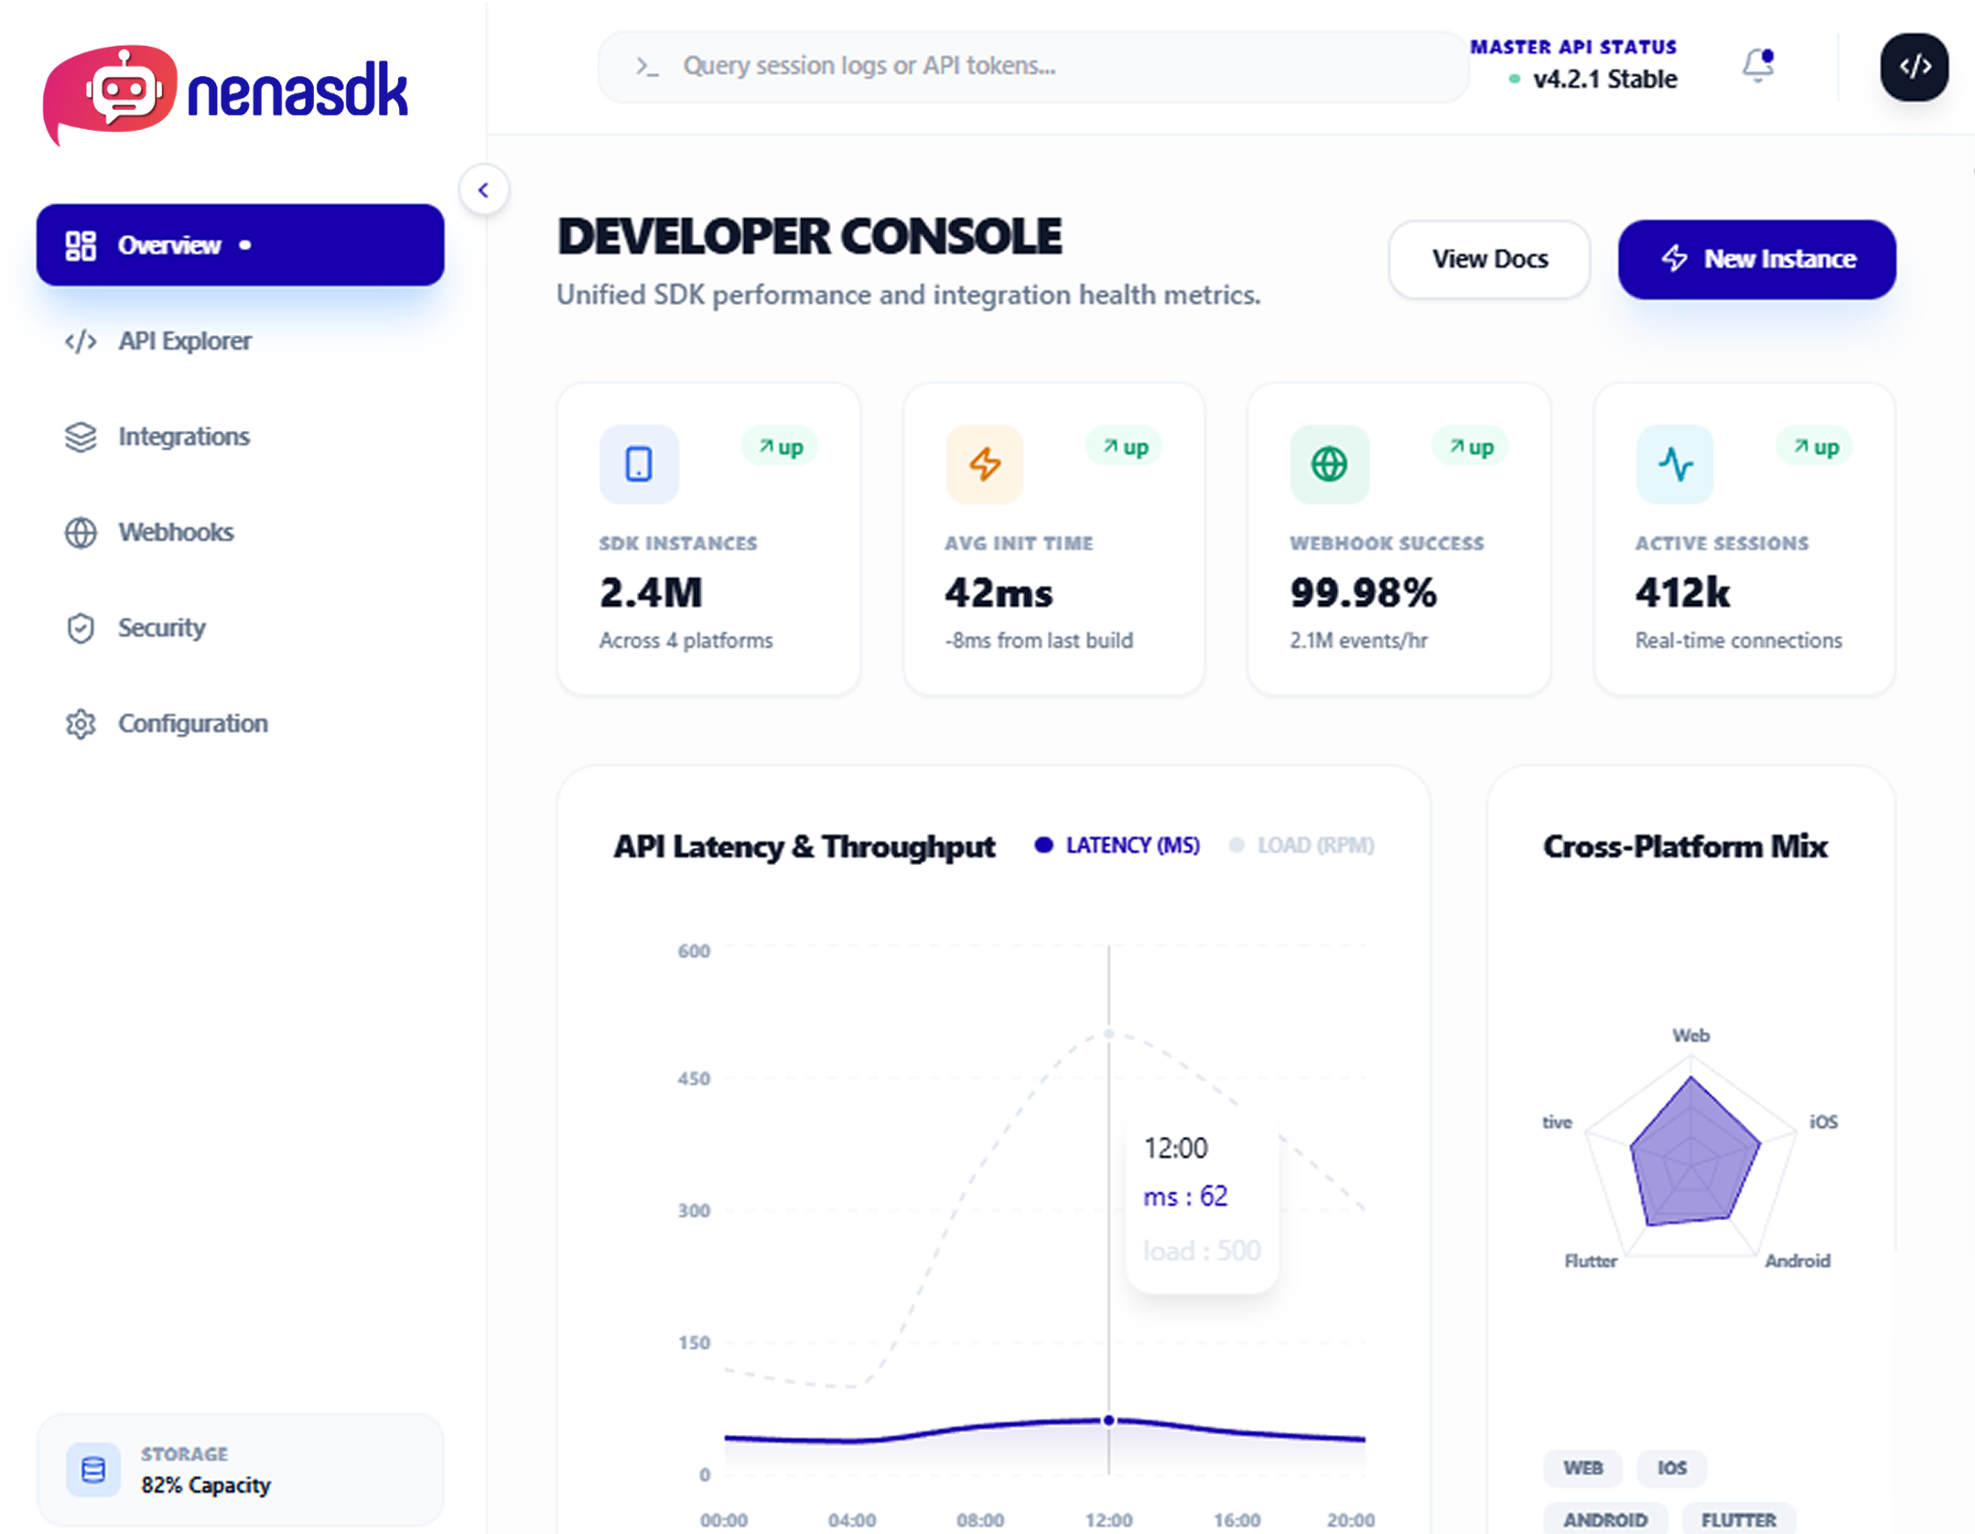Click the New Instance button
click(x=1755, y=259)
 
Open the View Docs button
click(x=1488, y=259)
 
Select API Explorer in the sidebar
click(x=184, y=341)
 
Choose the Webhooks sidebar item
click(x=175, y=532)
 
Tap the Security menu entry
click(x=161, y=628)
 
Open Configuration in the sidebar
click(x=192, y=723)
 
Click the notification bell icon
click(x=1756, y=66)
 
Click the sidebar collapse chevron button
click(x=483, y=190)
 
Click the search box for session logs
click(x=1032, y=66)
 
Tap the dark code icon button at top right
click(x=1914, y=67)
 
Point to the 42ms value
click(x=998, y=593)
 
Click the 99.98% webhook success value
click(x=1363, y=593)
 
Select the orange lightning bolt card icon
click(x=984, y=464)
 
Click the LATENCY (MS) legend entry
click(x=1131, y=845)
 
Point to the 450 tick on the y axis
click(x=693, y=1078)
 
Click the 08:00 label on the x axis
click(x=979, y=1519)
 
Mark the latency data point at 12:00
click(x=1108, y=1420)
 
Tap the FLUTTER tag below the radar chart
click(x=1737, y=1519)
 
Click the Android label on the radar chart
click(x=1797, y=1260)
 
